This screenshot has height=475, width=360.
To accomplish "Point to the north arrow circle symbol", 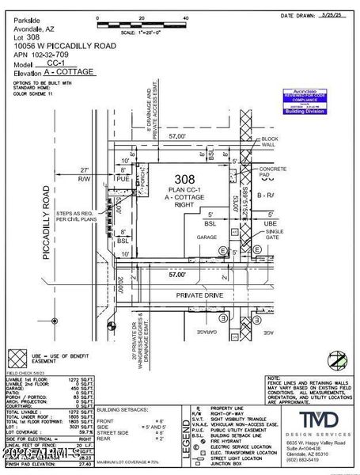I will click(339, 361).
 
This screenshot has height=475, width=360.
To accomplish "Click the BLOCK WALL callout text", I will click(271, 142).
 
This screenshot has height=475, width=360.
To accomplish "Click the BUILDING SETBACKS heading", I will click(123, 410).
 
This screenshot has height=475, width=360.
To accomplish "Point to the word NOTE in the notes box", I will click(275, 379).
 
